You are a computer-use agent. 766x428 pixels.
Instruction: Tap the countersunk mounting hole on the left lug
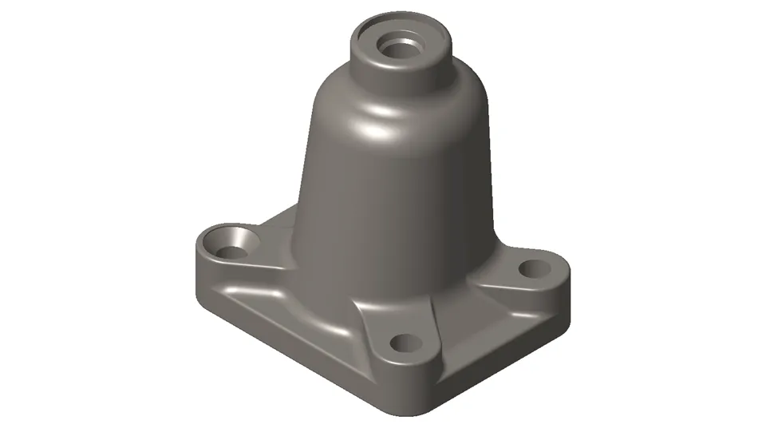click(x=229, y=251)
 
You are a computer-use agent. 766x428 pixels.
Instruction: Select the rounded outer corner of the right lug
click(x=565, y=271)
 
